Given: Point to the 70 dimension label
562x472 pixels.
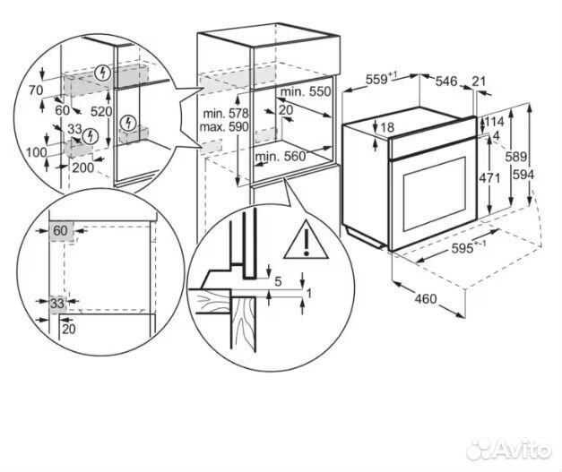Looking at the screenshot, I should point(36,90).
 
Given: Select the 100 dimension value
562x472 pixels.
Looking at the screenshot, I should point(36,153).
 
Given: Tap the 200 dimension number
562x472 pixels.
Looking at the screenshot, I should point(82,167).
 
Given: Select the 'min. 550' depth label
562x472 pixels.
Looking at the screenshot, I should point(305,92).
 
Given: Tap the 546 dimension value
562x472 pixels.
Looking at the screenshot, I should point(445,82).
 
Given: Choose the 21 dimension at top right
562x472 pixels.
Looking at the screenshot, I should point(479,82).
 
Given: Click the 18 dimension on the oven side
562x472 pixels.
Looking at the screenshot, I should point(386,128).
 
